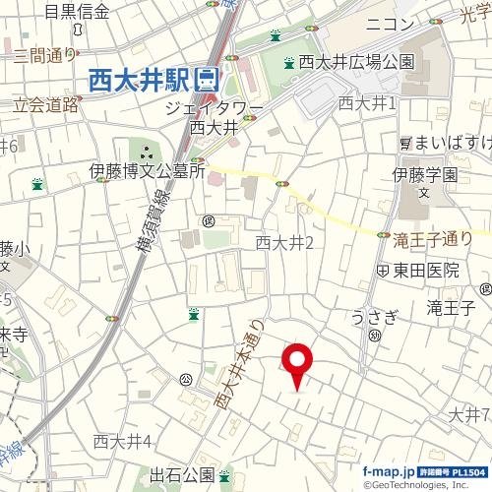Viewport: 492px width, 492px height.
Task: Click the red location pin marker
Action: coord(297,361)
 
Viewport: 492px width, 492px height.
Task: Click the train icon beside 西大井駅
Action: coord(208,80)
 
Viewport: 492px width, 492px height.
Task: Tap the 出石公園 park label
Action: coord(182,475)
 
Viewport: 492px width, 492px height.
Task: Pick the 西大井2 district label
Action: coord(283,242)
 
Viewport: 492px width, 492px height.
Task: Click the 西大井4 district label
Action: coord(122,440)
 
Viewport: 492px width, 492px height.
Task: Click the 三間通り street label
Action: coord(44,55)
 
